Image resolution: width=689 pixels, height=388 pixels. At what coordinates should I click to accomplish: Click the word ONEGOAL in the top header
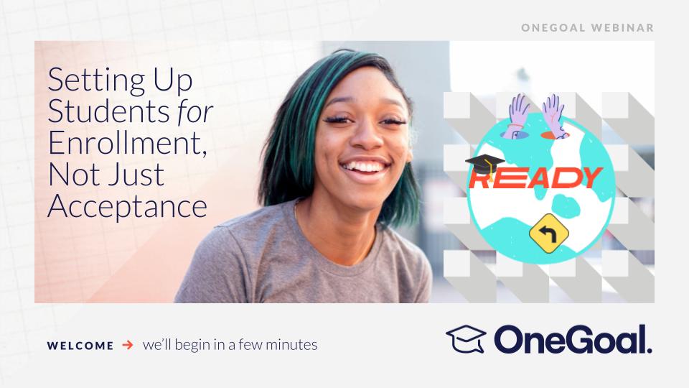coord(553,28)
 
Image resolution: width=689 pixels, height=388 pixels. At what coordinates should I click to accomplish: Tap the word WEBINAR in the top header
coord(623,28)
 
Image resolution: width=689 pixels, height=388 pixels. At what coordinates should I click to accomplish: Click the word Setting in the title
coord(96,81)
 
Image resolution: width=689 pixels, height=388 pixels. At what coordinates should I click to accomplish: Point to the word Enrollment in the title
coord(127,143)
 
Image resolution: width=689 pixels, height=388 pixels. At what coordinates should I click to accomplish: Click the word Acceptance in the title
coord(128,206)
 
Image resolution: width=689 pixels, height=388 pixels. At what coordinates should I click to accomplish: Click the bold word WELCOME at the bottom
coord(80,346)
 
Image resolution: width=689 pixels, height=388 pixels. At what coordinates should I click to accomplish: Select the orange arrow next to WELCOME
coord(128,344)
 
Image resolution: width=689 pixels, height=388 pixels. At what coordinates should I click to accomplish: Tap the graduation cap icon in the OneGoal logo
coord(467,338)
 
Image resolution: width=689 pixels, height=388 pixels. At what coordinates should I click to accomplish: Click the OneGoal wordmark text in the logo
coord(573,339)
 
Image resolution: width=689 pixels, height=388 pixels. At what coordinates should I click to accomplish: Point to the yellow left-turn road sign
coord(549,233)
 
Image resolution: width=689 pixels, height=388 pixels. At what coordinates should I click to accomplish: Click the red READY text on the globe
coord(536,177)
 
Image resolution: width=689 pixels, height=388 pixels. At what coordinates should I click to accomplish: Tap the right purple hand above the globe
coord(554,116)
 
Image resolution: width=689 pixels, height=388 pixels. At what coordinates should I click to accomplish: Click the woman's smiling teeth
coord(365,167)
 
